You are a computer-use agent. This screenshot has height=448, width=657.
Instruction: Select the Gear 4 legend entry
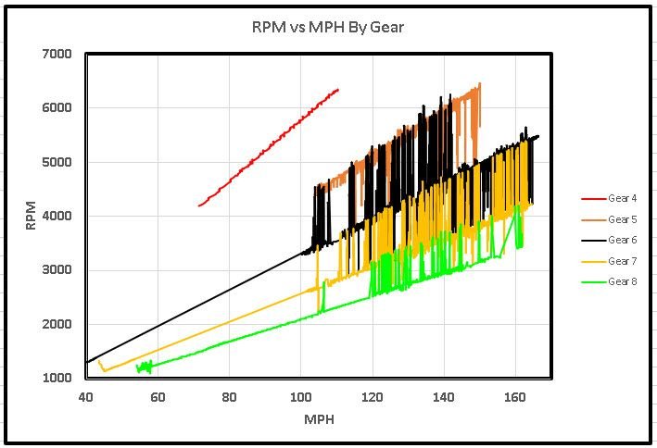coord(622,199)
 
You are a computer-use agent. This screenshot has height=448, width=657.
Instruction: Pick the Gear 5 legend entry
coord(622,219)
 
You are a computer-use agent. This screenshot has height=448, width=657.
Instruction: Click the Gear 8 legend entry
coord(622,280)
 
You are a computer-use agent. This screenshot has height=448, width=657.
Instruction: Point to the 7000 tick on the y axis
coord(58,54)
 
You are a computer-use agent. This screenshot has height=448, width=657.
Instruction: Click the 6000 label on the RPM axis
coord(58,107)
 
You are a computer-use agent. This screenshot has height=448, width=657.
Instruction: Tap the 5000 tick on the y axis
coord(58,162)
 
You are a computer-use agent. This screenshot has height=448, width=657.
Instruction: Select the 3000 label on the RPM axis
coord(58,270)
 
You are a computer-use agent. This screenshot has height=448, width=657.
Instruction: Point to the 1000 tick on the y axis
coord(58,379)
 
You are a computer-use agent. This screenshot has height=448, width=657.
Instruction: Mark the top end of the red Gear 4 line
coord(338,90)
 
